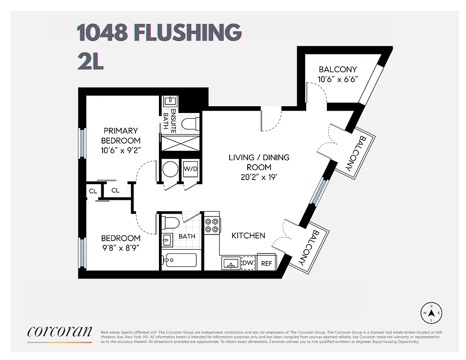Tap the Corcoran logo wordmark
59,332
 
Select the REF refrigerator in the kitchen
267,263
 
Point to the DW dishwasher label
248,263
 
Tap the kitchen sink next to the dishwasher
231,263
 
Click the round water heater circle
170,169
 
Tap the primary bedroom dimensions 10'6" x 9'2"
121,151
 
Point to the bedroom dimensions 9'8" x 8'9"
121,247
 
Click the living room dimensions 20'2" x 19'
259,177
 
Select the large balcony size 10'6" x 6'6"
338,79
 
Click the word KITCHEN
248,235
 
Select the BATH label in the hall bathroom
187,236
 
